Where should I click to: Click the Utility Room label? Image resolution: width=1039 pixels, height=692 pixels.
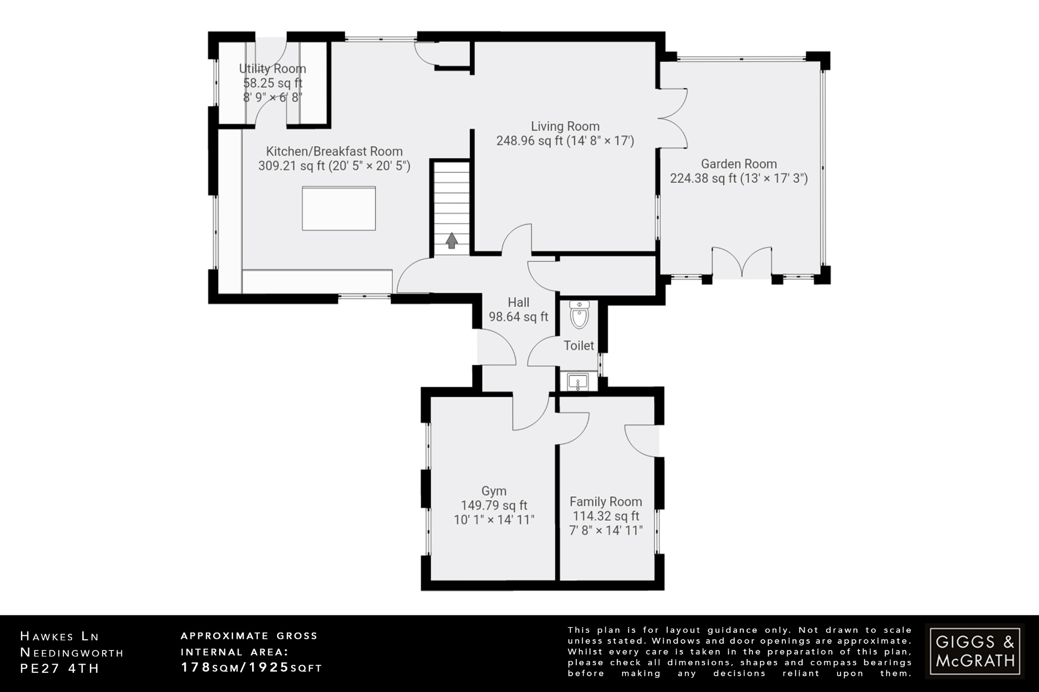click(272, 68)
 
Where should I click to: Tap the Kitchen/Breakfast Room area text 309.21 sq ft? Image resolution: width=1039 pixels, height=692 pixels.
click(291, 166)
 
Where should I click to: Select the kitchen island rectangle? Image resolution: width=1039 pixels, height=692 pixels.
click(338, 208)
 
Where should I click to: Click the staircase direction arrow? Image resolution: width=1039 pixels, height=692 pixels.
click(452, 241)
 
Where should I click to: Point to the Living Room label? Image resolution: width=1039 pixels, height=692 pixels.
click(565, 126)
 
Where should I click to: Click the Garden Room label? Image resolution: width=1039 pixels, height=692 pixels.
click(739, 164)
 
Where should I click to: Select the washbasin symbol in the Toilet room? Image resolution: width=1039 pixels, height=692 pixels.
click(578, 382)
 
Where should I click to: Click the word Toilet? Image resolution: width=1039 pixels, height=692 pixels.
click(578, 346)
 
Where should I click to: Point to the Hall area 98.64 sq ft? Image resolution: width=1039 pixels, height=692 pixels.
click(518, 317)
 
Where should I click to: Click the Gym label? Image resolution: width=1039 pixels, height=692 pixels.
click(494, 491)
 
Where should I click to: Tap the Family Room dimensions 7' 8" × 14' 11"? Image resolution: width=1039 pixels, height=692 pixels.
click(606, 530)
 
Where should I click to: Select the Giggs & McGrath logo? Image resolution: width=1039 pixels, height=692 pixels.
click(975, 651)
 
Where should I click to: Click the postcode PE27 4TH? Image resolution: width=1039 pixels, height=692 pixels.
click(60, 668)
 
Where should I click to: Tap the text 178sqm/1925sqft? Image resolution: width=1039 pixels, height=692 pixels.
click(252, 668)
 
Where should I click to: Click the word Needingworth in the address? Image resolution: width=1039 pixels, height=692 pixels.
click(72, 652)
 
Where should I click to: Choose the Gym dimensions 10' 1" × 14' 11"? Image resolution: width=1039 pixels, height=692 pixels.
click(494, 520)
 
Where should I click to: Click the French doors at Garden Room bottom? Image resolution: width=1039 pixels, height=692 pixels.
click(742, 263)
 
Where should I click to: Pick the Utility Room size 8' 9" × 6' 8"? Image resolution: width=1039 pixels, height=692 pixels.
click(272, 97)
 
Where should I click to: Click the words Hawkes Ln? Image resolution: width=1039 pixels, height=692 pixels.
click(60, 636)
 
